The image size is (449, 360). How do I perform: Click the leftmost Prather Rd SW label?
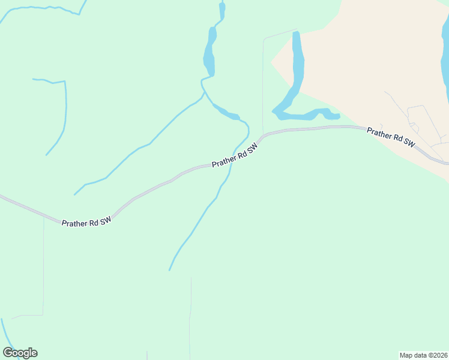86,223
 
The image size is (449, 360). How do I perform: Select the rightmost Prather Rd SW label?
391,136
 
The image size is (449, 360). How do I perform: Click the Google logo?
20,352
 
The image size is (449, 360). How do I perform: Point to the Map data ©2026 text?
424,355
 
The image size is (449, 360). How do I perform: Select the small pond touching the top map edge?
222,10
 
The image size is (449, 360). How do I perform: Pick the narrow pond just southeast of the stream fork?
226,112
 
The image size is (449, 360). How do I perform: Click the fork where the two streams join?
205,92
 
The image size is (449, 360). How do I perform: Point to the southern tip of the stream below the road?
170,269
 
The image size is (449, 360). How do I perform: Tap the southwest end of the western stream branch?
75,194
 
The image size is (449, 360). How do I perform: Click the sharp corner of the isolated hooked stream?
64,81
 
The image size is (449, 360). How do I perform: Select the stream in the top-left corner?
36,8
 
